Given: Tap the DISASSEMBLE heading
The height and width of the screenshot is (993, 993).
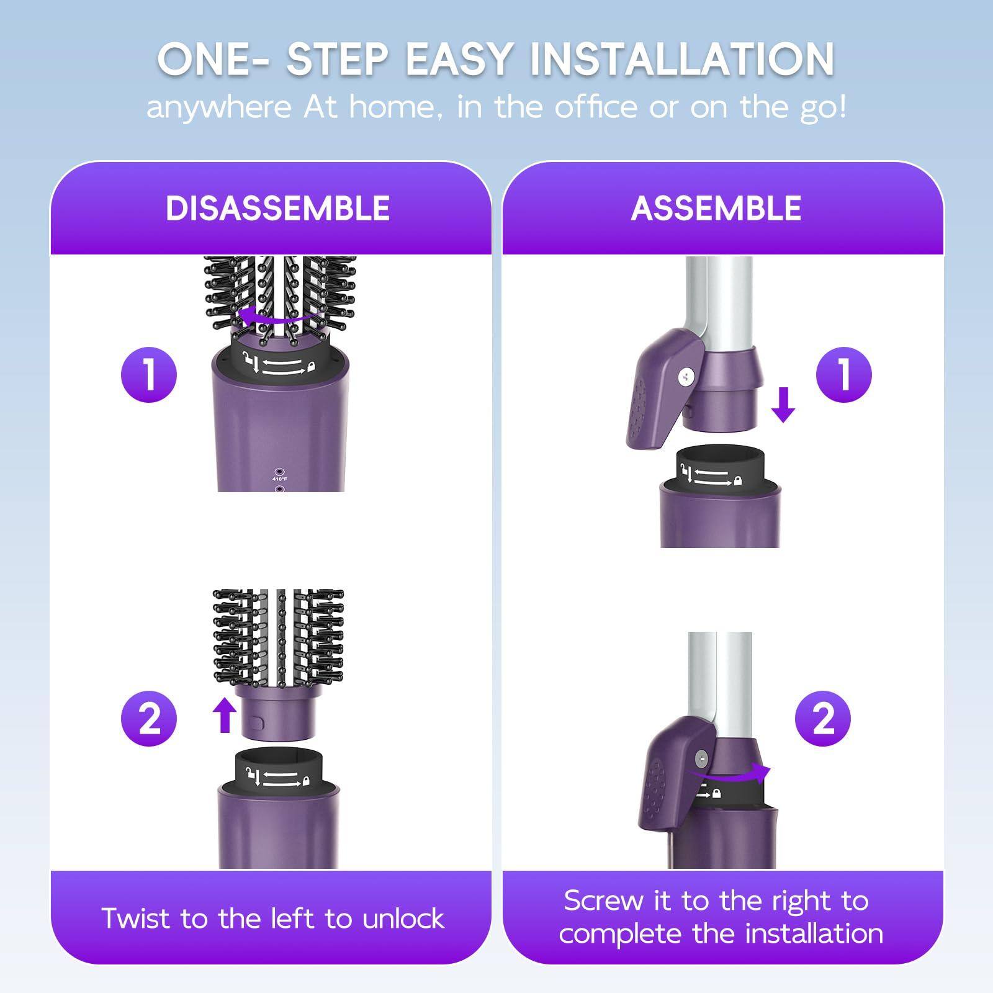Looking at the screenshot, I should click(x=277, y=208).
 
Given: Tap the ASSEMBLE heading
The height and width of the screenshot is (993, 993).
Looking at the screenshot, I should click(x=716, y=208).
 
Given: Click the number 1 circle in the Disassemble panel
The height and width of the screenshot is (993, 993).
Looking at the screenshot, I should click(x=149, y=374).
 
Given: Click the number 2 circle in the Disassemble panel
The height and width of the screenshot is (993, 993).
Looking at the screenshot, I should click(x=149, y=719).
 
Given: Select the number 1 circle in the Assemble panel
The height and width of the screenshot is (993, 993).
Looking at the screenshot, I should click(x=843, y=374).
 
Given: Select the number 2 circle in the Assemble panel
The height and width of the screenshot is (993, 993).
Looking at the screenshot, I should click(x=823, y=719).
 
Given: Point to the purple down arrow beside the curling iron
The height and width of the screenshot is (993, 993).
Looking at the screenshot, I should click(x=783, y=405).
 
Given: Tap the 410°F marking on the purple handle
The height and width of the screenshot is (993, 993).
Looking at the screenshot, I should click(x=279, y=479).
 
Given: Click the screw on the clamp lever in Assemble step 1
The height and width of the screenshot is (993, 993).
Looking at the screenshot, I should click(x=686, y=376).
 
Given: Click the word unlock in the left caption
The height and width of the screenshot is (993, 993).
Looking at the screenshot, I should click(x=403, y=919).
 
